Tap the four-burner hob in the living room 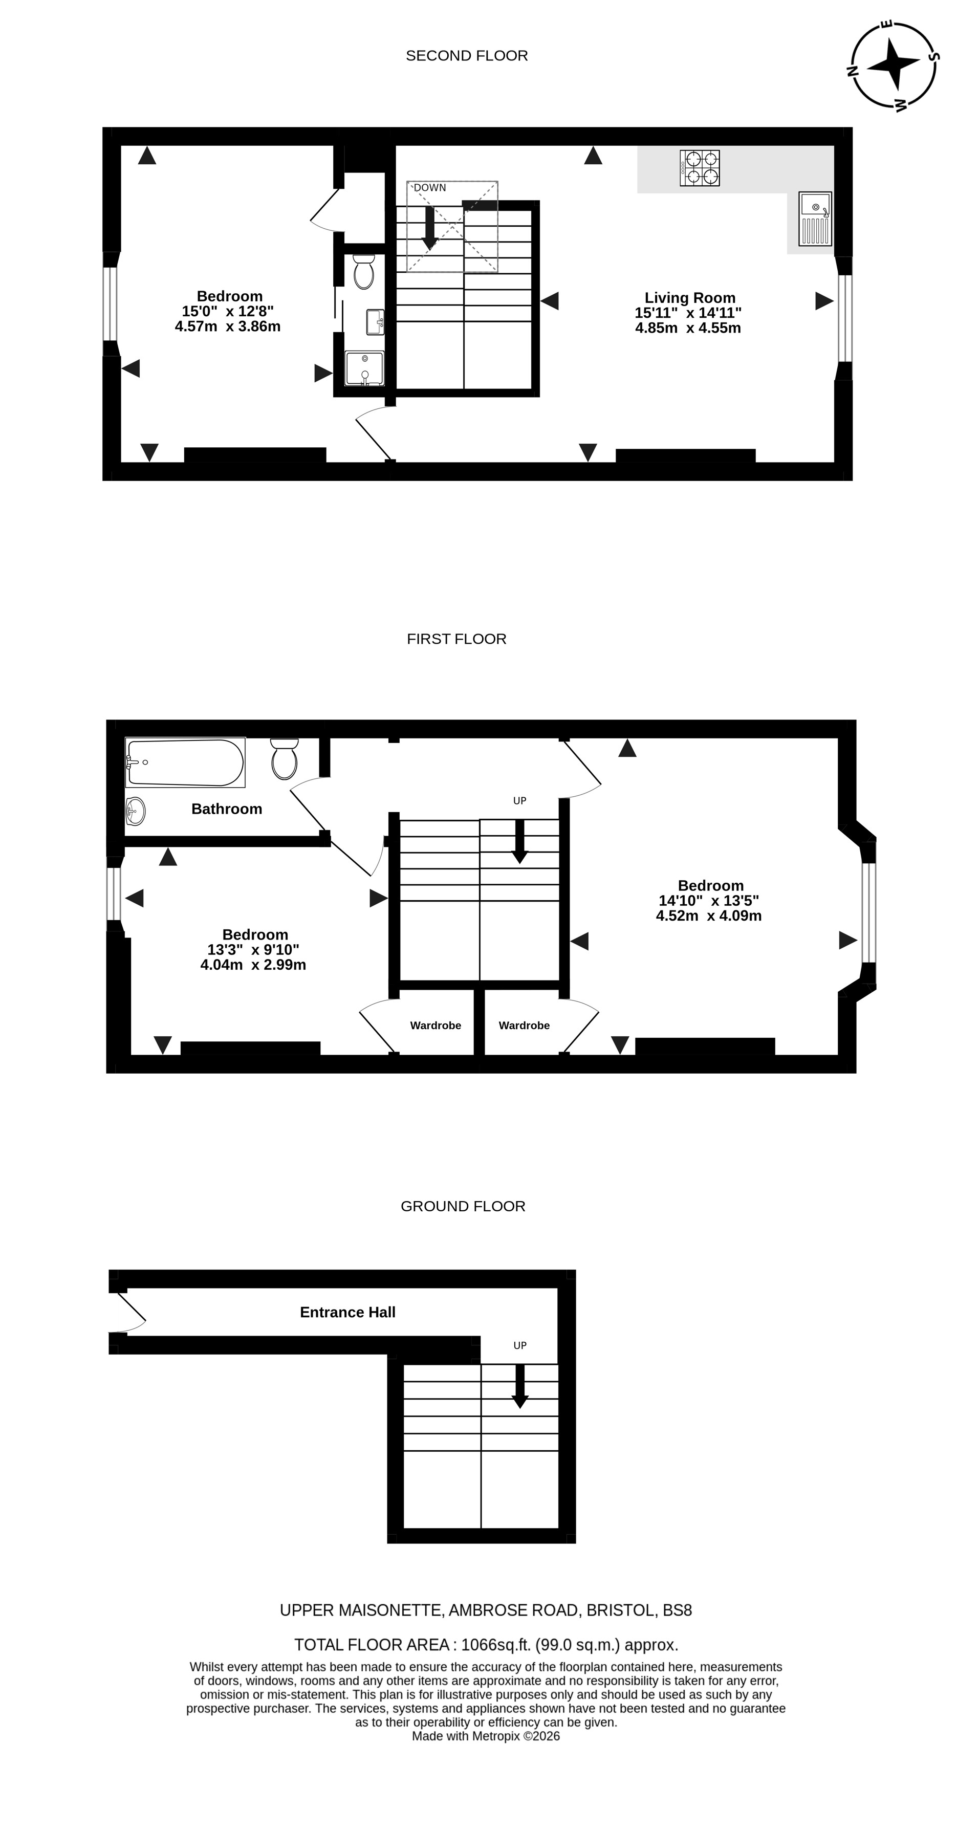700,168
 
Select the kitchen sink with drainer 815,219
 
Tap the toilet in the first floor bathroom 285,758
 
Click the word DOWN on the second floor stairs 430,188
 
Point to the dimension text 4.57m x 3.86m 228,326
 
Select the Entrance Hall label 347,1312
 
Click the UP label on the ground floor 520,1345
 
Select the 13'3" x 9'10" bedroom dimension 253,950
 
